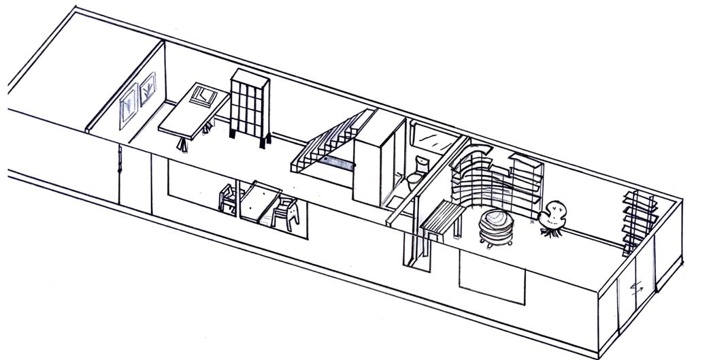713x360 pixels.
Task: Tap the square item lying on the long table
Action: point(203,95)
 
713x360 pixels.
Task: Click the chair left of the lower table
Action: point(230,199)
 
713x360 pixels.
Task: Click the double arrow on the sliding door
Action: point(637,288)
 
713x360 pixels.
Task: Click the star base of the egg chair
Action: point(547,231)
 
